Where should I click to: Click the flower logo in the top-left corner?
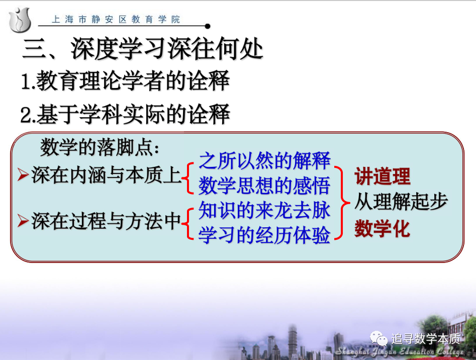(x=20, y=20)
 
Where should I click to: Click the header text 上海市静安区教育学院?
(x=116, y=20)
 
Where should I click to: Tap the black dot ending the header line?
(x=208, y=27)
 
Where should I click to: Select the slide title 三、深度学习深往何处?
(x=143, y=49)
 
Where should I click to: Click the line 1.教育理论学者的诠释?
(x=125, y=81)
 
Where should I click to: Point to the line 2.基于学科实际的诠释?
(x=125, y=114)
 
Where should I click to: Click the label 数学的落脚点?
(x=100, y=147)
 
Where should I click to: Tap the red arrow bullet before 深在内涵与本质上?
(x=23, y=175)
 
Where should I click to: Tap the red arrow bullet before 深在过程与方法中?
(x=23, y=221)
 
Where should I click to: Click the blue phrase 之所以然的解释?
(x=264, y=160)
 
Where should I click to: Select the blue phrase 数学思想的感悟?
(x=264, y=186)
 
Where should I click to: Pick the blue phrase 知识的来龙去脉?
(x=264, y=210)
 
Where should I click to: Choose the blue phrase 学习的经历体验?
(x=264, y=235)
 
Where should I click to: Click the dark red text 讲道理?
(x=383, y=176)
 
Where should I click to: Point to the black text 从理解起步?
(x=401, y=202)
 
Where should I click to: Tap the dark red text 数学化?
(x=383, y=229)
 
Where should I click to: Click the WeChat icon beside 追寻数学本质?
(x=378, y=338)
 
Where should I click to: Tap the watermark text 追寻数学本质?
(x=426, y=339)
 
